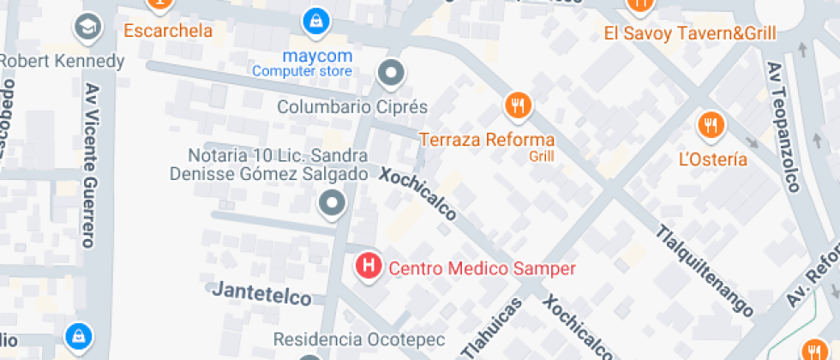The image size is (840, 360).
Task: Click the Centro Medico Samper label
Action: (483, 268)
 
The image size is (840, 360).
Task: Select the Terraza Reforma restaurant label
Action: (486, 139)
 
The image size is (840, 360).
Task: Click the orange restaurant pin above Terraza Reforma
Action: (518, 106)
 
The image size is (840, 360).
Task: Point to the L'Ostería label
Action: (712, 159)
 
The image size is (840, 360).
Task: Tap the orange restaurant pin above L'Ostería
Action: (711, 126)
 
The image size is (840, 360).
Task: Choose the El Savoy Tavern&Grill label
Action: (690, 33)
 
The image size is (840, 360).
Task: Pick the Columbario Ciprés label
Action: (351, 107)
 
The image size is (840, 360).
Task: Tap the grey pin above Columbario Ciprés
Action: (392, 74)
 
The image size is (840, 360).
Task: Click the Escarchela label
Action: (168, 31)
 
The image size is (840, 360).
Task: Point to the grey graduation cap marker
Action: (88, 27)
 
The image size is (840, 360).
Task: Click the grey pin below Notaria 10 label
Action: (332, 204)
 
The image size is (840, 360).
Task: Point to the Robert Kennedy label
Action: (62, 62)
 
